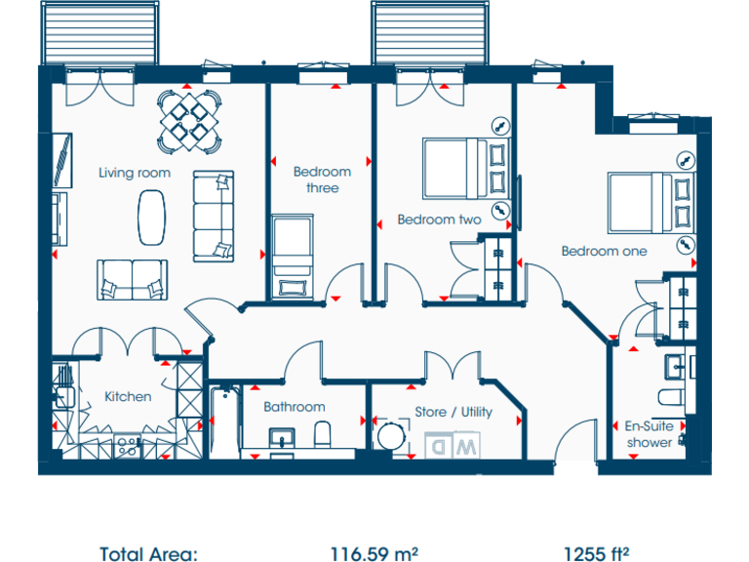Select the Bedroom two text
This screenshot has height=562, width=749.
(439, 220)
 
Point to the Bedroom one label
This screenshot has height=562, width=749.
(604, 251)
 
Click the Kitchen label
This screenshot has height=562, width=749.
(128, 396)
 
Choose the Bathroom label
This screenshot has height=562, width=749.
(294, 407)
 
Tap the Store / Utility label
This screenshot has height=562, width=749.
(453, 412)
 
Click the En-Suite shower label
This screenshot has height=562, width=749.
(649, 434)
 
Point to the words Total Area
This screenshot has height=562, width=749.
(151, 553)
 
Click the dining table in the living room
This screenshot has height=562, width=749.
(189, 119)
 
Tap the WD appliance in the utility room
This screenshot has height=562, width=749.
(453, 445)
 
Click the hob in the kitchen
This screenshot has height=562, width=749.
(127, 446)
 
